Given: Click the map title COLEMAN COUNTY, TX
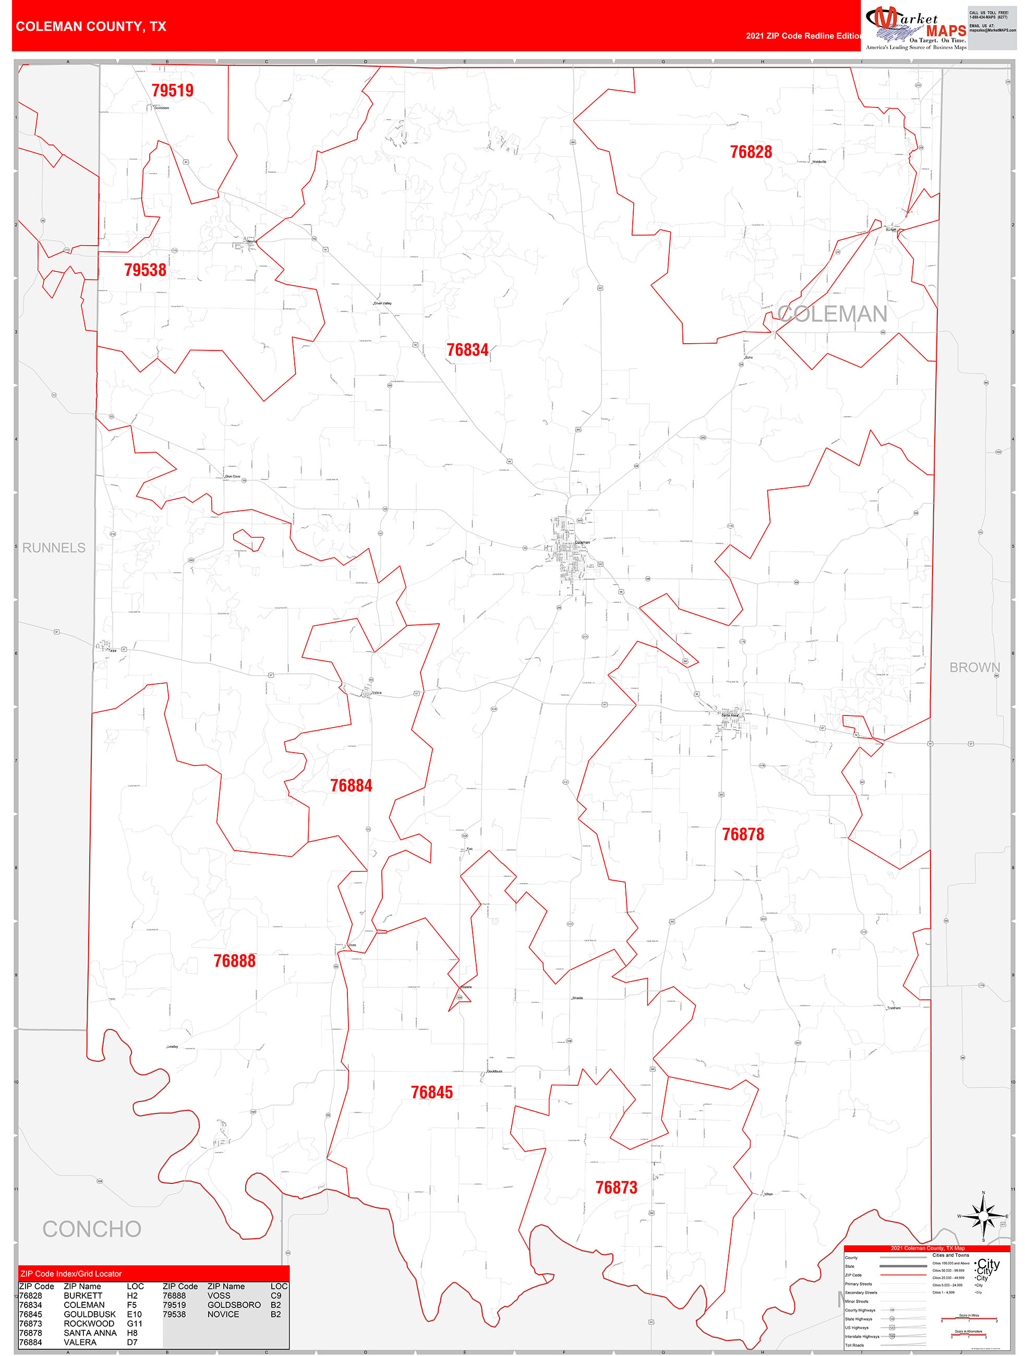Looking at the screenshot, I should (x=91, y=27).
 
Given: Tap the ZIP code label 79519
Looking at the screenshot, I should (x=172, y=91).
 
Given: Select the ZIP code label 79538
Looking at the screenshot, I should (x=146, y=270).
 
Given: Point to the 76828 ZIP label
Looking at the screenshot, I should (x=750, y=152).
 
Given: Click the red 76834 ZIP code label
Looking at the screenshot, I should (x=467, y=350).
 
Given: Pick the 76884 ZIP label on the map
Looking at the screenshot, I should (x=351, y=786).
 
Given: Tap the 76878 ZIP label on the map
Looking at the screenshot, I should (x=742, y=834).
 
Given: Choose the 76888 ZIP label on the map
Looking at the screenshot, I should (x=234, y=961).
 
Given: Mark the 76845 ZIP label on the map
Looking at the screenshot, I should (x=431, y=1093).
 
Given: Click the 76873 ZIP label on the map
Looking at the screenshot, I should (x=616, y=1188).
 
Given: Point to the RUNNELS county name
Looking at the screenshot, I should (x=54, y=548).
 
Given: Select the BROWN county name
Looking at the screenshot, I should (x=974, y=668).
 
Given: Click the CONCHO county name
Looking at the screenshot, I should (x=92, y=1230).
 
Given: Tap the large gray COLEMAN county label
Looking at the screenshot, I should (x=832, y=314).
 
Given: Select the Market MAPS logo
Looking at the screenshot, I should (x=915, y=28).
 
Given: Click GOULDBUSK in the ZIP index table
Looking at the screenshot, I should (x=90, y=1314).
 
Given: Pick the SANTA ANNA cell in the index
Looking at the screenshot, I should (x=90, y=1333).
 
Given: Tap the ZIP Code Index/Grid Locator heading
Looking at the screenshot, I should (x=71, y=1274).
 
